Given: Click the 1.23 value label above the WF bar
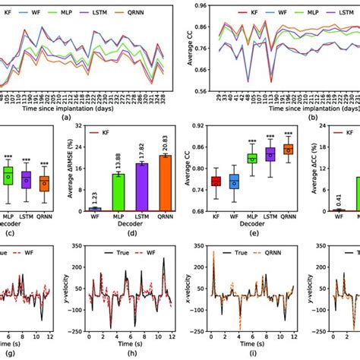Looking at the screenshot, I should pyautogui.click(x=94, y=197).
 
